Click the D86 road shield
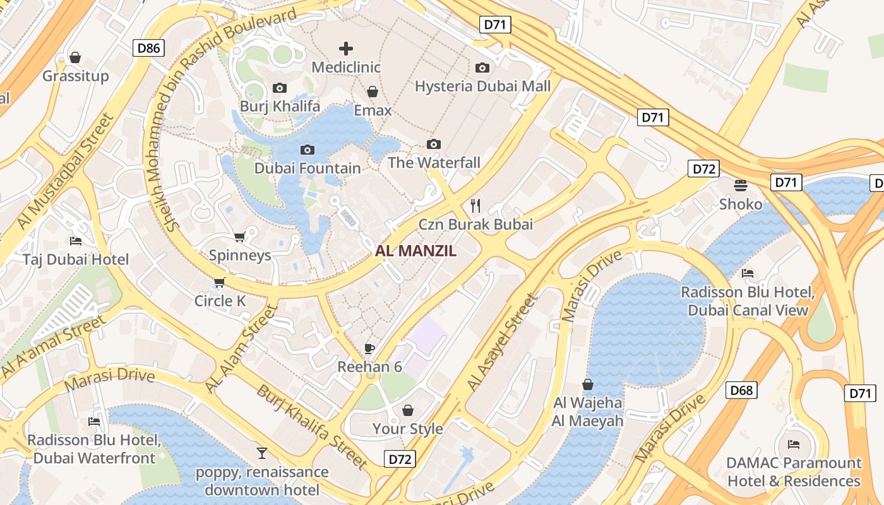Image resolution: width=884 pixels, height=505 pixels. click(x=149, y=48)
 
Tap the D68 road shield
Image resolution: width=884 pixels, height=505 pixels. click(x=741, y=390)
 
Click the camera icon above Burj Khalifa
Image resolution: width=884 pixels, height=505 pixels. click(x=279, y=88)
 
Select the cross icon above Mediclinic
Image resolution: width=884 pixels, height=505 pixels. click(x=345, y=48)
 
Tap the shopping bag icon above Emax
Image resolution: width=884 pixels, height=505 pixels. click(x=373, y=92)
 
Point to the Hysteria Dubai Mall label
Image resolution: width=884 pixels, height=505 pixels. click(x=482, y=86)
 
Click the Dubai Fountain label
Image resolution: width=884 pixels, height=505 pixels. click(x=308, y=169)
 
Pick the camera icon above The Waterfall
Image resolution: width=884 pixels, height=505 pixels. click(x=433, y=144)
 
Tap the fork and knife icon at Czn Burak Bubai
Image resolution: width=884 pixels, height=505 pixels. click(x=475, y=205)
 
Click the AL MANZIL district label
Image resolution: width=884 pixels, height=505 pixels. click(x=415, y=251)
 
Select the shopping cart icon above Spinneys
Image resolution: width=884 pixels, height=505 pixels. click(x=239, y=237)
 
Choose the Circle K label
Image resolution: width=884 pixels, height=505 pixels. click(x=220, y=301)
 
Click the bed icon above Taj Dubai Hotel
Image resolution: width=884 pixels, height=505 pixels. click(x=76, y=241)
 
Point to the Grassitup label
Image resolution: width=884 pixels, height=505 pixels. click(x=76, y=76)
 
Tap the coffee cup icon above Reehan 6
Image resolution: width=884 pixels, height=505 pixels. click(x=369, y=348)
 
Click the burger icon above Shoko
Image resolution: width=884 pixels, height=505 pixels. click(x=741, y=185)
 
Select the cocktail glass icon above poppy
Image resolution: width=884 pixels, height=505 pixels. click(x=262, y=453)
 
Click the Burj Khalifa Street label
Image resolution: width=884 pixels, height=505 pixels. click(x=312, y=427)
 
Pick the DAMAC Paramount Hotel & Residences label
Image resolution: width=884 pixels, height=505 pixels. click(x=794, y=472)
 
